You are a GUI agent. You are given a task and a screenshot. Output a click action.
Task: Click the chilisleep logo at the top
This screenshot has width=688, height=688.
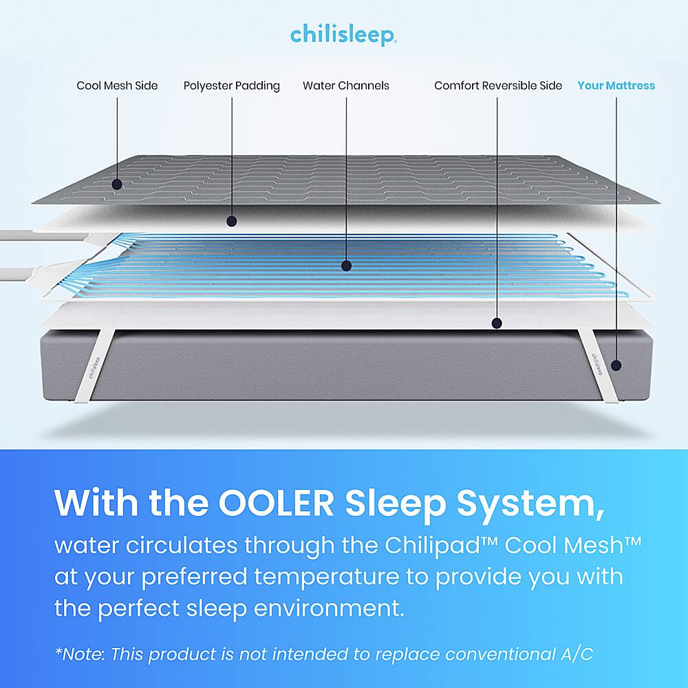pos(343,35)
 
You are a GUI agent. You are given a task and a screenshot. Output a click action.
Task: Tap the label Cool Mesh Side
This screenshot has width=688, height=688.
pos(117,85)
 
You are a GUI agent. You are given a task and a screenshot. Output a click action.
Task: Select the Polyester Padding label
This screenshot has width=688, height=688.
pos(232,85)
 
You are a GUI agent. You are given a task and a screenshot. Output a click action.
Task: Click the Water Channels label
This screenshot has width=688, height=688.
pos(346,85)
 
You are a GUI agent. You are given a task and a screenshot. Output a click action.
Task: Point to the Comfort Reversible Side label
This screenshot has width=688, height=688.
pos(498,85)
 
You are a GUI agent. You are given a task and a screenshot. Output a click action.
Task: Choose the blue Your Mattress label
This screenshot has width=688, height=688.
pos(616,85)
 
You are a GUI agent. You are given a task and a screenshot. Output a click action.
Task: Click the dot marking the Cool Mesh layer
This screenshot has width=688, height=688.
pos(117,184)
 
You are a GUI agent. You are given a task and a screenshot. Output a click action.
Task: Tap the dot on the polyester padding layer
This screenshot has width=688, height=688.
pos(232,221)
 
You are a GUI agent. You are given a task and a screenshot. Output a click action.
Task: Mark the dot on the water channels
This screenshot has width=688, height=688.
pos(346,266)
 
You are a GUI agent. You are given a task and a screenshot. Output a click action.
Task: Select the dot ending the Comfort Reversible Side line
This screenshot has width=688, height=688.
pos(497,323)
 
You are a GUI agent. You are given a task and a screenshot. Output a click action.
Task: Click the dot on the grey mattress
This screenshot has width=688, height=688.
pos(616,365)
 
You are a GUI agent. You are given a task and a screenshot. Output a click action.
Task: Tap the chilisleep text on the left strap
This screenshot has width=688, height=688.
pos(94,367)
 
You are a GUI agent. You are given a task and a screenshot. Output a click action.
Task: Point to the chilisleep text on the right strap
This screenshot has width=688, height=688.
pos(597,364)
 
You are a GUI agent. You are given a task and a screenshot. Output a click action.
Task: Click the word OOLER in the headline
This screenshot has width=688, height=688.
pos(276,503)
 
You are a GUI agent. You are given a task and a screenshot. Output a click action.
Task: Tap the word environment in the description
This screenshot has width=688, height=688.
pos(329,608)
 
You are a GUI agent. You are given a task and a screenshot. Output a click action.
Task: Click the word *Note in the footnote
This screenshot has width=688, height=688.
pos(79,654)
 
